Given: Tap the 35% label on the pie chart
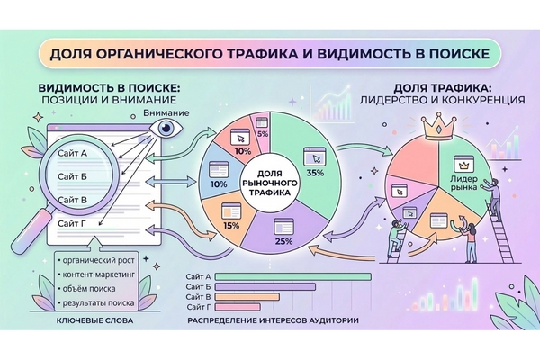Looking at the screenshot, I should [x=315, y=172].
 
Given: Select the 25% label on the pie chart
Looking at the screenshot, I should [x=284, y=242].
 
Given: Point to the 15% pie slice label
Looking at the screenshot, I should [x=232, y=226].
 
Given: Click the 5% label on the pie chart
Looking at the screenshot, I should [x=263, y=133].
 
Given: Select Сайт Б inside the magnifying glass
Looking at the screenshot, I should [x=71, y=176].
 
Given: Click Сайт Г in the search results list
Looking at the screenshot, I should [x=71, y=222].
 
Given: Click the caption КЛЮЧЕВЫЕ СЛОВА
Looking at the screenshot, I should [x=94, y=322].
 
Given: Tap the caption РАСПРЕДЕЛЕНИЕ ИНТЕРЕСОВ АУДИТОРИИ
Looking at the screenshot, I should [x=274, y=322].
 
